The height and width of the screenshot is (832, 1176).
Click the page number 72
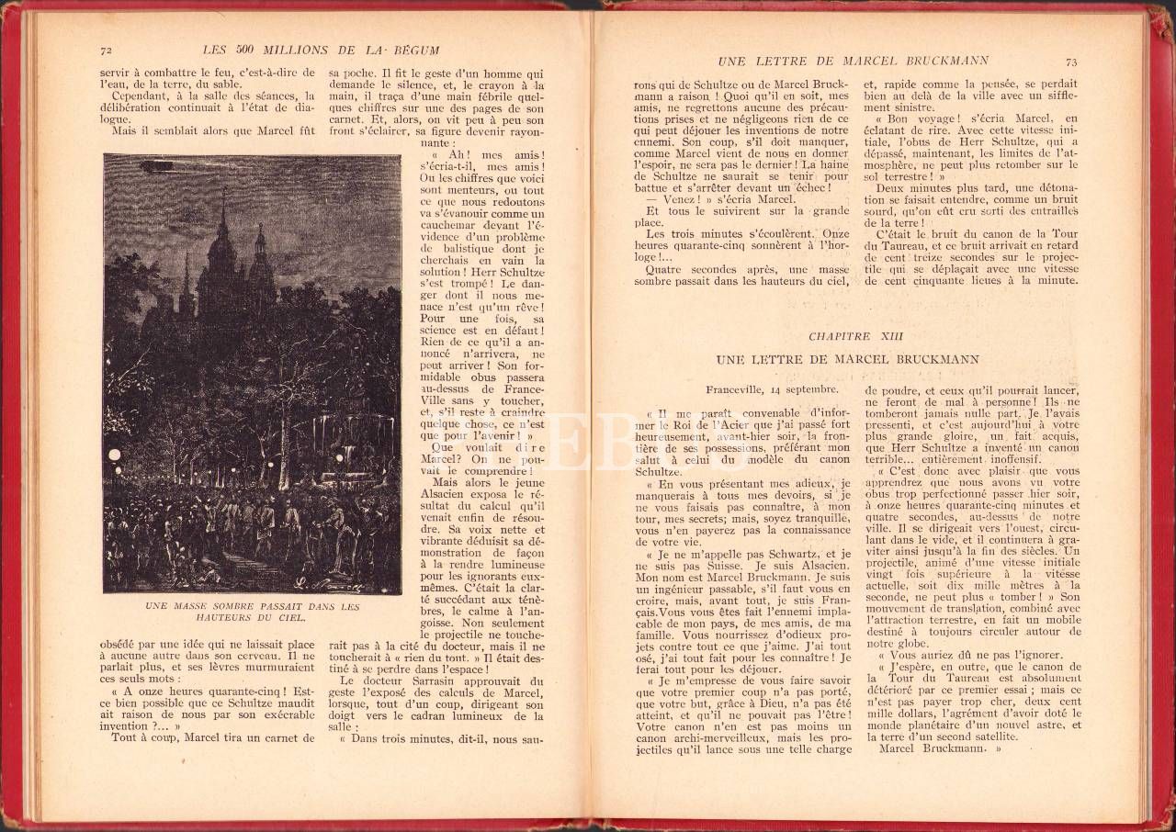[106, 50]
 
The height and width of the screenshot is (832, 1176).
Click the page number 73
[1070, 62]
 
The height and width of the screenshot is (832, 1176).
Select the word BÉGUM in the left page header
[415, 50]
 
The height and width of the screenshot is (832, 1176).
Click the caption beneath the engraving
[252, 613]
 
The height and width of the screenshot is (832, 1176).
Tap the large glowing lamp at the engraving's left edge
[114, 455]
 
